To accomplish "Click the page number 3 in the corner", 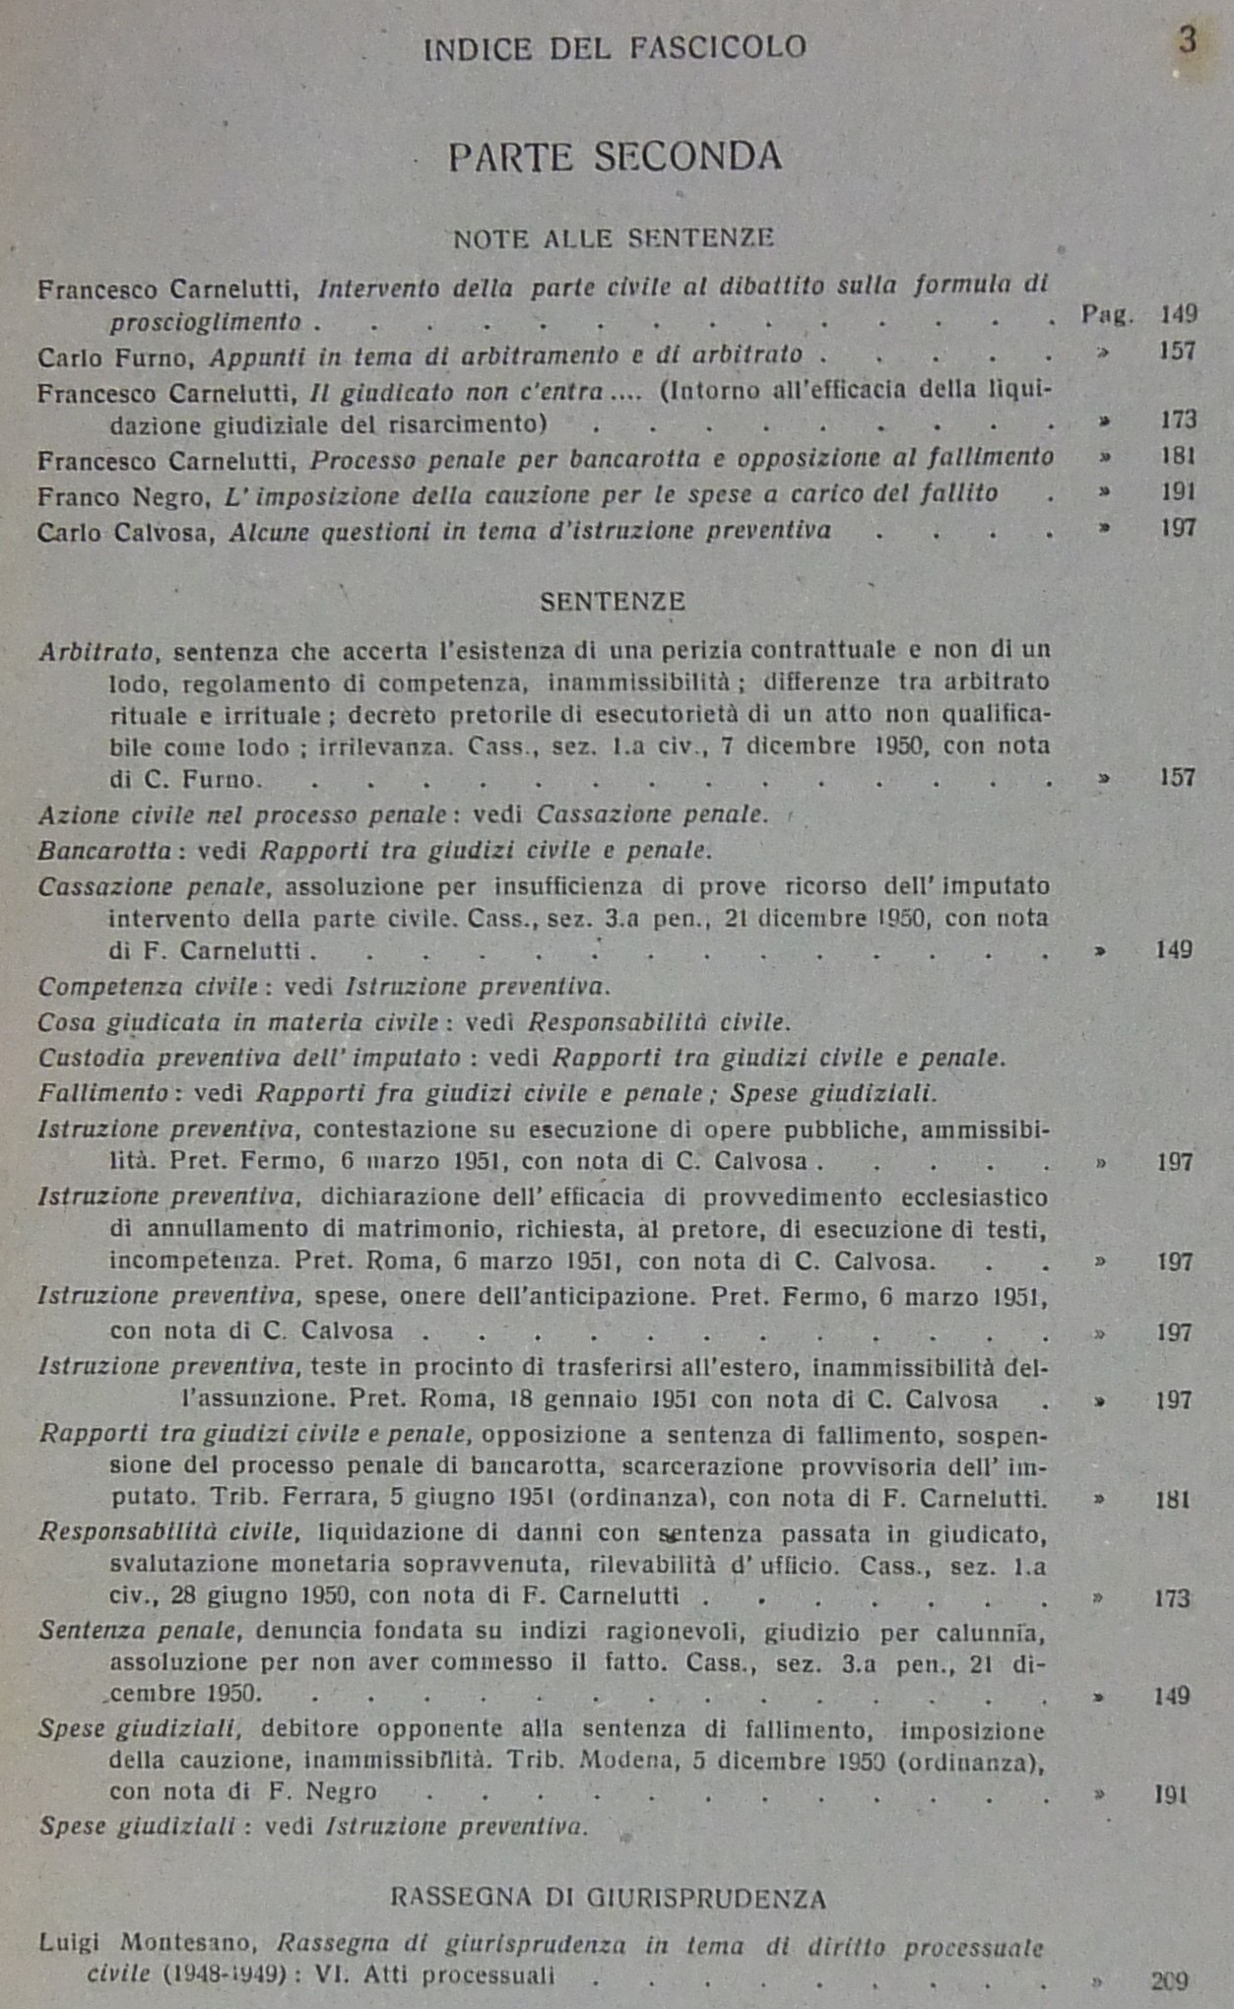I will (x=1187, y=41).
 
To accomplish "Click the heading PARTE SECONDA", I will (x=615, y=158).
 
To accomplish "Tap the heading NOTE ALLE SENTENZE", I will (x=613, y=238).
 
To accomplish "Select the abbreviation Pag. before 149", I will (x=1107, y=315).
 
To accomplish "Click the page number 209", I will (x=1169, y=1980).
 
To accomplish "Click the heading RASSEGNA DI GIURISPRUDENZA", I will (x=608, y=1898).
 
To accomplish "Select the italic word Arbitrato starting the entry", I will (x=97, y=652).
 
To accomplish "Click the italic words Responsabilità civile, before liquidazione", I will (x=167, y=1532).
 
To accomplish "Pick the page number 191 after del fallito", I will (x=1177, y=492).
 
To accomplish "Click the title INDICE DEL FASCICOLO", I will (x=615, y=48).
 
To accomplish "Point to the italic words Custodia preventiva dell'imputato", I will (x=249, y=1059).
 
